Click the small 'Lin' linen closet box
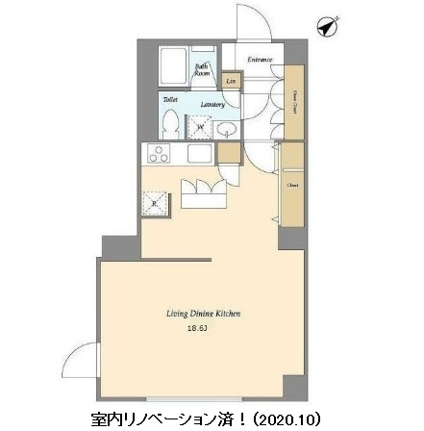(230, 82)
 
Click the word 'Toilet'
(168, 98)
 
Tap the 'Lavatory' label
(213, 104)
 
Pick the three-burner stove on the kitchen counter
(158, 153)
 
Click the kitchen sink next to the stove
(200, 152)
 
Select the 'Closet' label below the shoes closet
(291, 186)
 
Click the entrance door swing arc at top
(249, 21)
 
